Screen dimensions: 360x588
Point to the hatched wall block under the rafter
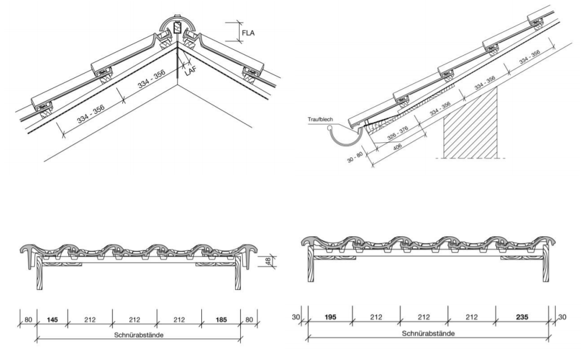(x=470, y=124)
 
